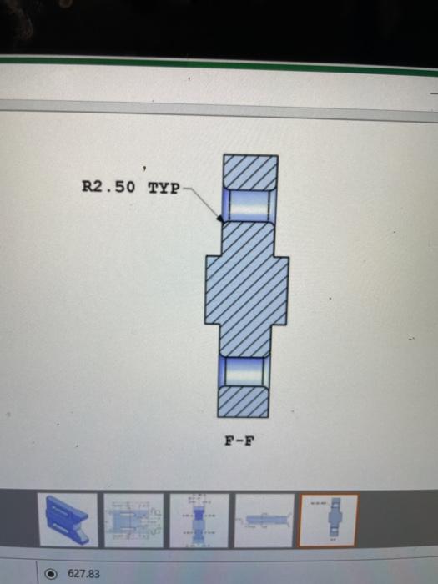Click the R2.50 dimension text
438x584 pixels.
click(x=108, y=187)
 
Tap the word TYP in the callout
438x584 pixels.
click(x=164, y=187)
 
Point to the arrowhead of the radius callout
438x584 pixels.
click(x=219, y=219)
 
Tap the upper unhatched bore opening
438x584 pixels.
click(x=247, y=205)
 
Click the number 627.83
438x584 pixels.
click(x=83, y=574)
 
